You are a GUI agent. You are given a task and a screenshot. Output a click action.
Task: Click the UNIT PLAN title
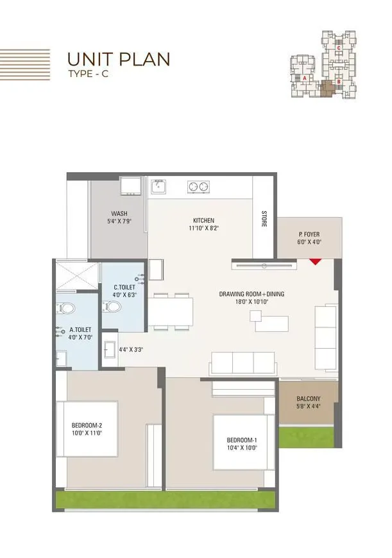tap(119, 59)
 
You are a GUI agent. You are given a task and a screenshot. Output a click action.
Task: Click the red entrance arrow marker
tap(314, 261)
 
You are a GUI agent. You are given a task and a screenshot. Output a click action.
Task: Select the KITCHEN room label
tap(203, 220)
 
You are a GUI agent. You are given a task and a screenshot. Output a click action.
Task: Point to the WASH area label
tap(119, 214)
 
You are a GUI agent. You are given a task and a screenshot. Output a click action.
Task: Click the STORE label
tap(264, 218)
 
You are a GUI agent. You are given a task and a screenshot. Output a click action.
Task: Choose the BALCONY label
tap(308, 398)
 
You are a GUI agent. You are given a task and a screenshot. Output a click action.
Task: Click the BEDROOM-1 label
tap(241, 440)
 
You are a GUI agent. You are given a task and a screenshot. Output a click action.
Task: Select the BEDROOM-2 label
tap(87, 425)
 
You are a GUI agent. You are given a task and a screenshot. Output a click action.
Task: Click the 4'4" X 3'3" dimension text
tap(130, 350)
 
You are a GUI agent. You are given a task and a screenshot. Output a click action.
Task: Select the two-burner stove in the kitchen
tap(198, 187)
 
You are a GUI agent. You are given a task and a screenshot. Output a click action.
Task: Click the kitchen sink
tap(158, 186)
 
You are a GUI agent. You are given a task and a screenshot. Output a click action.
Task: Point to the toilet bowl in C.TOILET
tap(114, 307)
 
